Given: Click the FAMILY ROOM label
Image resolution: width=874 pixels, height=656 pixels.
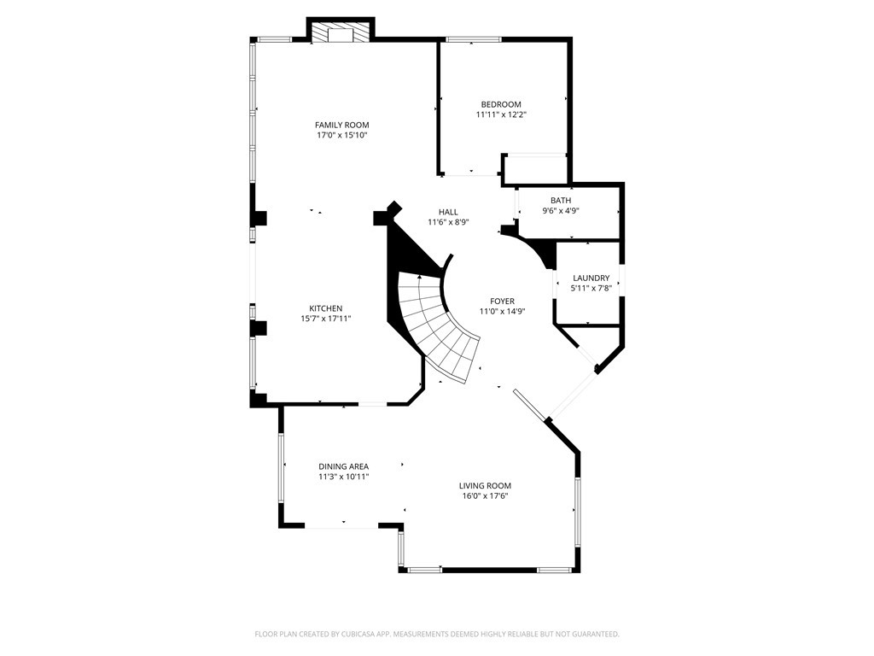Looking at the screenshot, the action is click(x=341, y=125).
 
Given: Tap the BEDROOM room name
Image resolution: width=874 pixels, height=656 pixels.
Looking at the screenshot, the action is click(x=501, y=104).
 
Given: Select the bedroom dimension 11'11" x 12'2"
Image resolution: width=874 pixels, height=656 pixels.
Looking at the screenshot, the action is click(x=501, y=115).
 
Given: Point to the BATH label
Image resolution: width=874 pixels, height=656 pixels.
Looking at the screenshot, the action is click(x=561, y=200).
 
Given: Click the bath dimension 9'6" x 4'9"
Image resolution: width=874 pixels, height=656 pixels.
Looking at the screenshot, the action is click(x=561, y=211).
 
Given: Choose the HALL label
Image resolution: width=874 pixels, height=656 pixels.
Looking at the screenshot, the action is click(x=448, y=212).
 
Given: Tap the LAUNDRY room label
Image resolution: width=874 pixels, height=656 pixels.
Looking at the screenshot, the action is click(x=591, y=278).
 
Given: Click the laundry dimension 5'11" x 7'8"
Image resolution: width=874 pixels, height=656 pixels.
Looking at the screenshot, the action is click(x=591, y=289).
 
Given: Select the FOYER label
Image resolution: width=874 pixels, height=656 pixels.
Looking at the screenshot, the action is click(x=502, y=302).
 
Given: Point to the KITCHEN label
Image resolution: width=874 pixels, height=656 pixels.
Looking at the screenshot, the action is click(x=325, y=308).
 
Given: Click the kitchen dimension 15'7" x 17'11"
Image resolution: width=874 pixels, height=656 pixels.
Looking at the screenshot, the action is click(x=325, y=319).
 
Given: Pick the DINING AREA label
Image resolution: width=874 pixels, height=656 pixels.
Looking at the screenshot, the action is click(x=343, y=466).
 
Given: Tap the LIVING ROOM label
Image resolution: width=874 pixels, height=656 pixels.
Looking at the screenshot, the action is click(x=485, y=486).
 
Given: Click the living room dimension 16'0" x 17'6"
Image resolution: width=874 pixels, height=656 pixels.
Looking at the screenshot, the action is click(x=485, y=496).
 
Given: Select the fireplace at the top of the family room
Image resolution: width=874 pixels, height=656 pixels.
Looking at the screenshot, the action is click(x=340, y=32).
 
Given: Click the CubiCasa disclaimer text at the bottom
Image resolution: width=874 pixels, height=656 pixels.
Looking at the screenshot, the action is click(x=437, y=635).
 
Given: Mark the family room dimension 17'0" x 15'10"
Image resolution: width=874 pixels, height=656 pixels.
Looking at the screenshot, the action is click(x=341, y=135).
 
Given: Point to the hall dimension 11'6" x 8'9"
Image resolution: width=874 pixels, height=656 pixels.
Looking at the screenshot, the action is click(x=448, y=222).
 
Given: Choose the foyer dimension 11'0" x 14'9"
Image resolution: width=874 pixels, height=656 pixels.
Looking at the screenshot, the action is click(x=502, y=312).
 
